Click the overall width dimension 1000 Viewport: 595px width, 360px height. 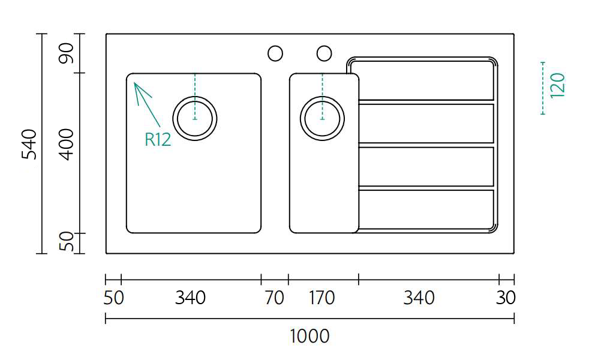point(309,337)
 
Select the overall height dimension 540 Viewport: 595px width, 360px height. point(29,145)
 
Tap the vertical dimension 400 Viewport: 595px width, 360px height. point(67,145)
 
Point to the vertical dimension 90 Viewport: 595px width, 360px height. point(67,53)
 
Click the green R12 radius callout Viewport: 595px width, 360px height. point(158,139)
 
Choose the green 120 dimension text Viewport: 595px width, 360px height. point(557,86)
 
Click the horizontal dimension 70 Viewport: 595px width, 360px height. point(274,298)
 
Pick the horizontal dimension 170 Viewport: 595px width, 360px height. point(321,298)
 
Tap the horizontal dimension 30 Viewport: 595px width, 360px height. point(506,298)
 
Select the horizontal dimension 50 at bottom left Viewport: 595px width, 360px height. point(113,298)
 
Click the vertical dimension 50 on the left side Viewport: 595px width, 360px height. point(67,242)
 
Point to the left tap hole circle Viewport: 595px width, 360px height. point(275,53)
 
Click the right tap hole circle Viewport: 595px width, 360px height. point(324,53)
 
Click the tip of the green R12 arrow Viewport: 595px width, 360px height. point(134,82)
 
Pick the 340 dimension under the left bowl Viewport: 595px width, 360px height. point(191,298)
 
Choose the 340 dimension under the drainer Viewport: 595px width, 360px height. point(419,298)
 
